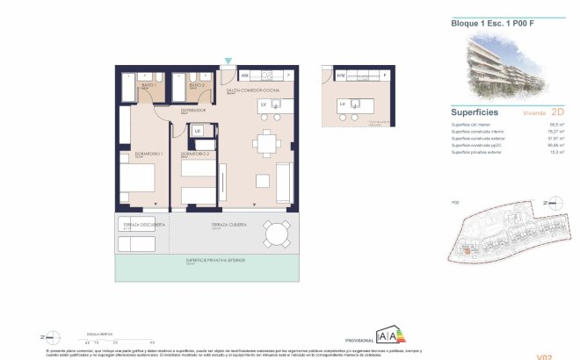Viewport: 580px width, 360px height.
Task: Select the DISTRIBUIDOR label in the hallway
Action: (193, 111)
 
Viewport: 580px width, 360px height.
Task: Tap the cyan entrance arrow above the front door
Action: (228, 61)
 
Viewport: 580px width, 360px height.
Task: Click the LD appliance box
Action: (198, 132)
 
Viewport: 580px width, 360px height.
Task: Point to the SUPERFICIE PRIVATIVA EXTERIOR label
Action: (215, 261)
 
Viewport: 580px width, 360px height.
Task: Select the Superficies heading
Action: (475, 113)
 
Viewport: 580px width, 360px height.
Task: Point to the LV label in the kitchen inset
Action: (343, 104)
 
